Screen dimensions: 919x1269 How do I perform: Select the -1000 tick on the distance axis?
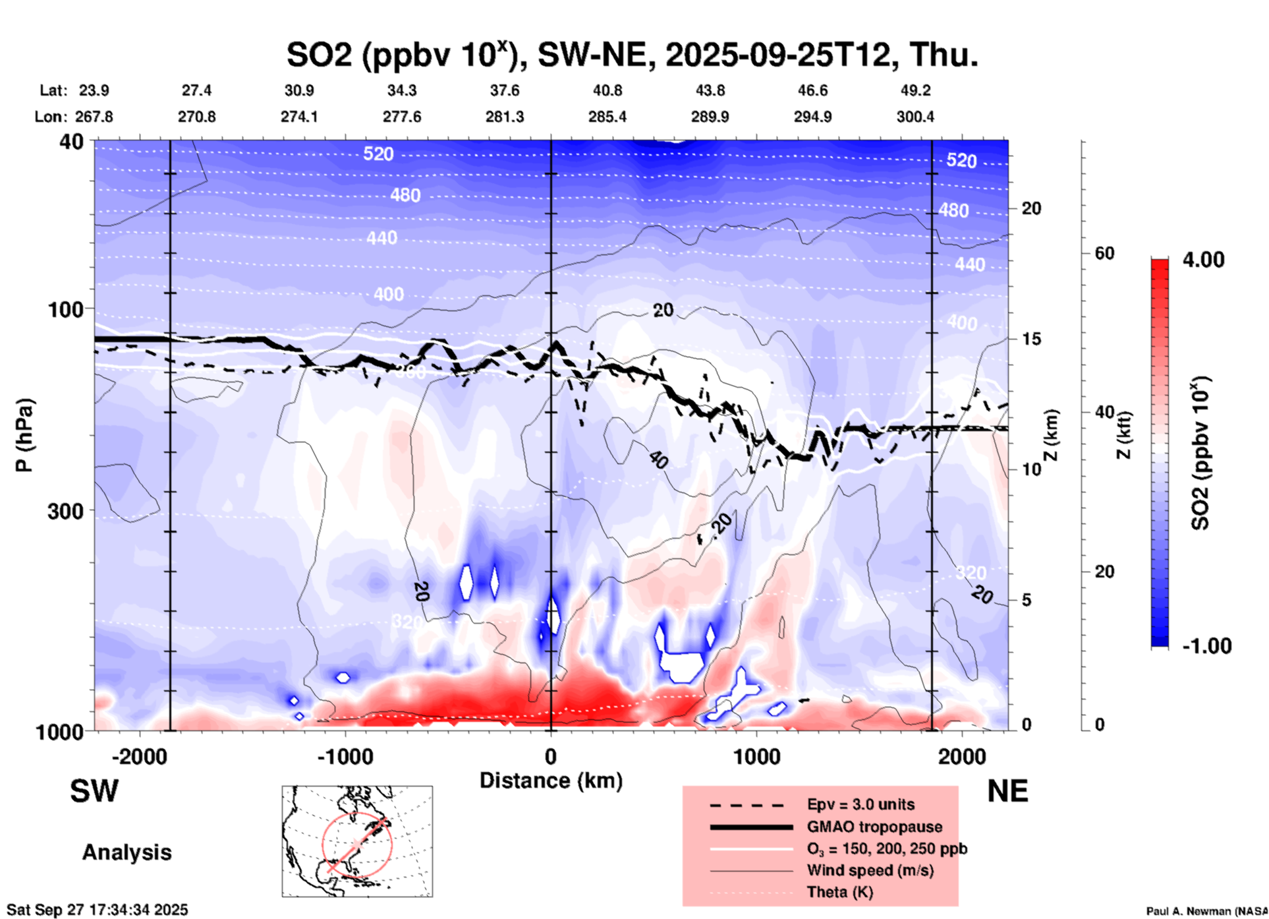tap(345, 756)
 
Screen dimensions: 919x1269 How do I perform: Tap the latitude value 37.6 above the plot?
tap(505, 90)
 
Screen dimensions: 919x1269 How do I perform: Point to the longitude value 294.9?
tap(812, 117)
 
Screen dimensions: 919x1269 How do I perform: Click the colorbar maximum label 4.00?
tap(1203, 260)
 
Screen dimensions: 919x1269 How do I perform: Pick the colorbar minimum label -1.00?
tap(1206, 646)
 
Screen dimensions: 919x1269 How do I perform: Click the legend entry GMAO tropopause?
tap(874, 827)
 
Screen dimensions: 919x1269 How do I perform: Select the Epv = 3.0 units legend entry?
tap(860, 805)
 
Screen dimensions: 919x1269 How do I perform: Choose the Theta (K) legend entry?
tap(839, 892)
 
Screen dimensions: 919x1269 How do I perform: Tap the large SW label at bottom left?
tap(94, 791)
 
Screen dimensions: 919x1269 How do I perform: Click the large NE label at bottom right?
tap(1007, 791)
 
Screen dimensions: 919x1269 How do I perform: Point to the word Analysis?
tap(127, 852)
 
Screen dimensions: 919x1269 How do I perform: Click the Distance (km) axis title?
tap(551, 781)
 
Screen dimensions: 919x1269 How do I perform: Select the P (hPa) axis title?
tap(24, 435)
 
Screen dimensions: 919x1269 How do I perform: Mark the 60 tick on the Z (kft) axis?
tap(1104, 254)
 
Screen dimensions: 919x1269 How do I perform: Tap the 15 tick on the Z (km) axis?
tap(1031, 339)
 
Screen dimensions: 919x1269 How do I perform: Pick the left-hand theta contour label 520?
tap(378, 154)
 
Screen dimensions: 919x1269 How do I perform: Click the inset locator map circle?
tap(357, 845)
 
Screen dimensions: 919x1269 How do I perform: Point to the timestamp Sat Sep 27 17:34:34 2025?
tap(98, 910)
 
